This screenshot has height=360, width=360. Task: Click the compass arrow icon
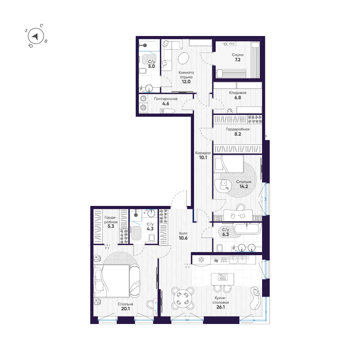35,36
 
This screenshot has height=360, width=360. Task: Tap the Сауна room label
238,55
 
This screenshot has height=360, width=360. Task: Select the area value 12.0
186,82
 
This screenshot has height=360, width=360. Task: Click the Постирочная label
166,99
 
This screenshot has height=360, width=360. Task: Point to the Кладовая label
238,93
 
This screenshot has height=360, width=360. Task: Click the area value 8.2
238,134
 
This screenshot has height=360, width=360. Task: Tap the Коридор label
203,153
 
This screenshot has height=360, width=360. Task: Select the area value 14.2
244,187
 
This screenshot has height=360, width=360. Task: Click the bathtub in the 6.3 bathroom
247,228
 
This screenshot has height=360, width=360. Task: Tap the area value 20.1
125,308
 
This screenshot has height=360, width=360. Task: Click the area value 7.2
238,60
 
